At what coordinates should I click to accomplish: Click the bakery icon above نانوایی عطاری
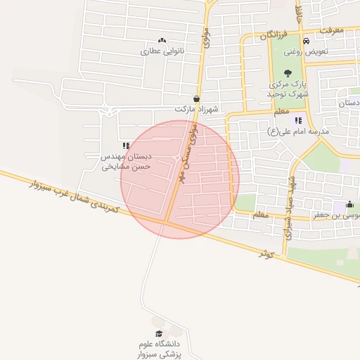162,40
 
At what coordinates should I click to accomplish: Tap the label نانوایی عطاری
162,51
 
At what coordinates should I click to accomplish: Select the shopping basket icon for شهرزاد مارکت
196,98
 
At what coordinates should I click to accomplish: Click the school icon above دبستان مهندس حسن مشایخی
126,146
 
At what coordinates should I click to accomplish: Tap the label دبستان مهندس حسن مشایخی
126,162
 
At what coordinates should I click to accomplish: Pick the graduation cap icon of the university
159,333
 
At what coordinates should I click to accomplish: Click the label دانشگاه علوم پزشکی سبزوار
160,349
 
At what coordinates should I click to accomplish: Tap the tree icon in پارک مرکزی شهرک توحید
288,72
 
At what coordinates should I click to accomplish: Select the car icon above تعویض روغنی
306,40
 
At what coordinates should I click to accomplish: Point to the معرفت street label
330,30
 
